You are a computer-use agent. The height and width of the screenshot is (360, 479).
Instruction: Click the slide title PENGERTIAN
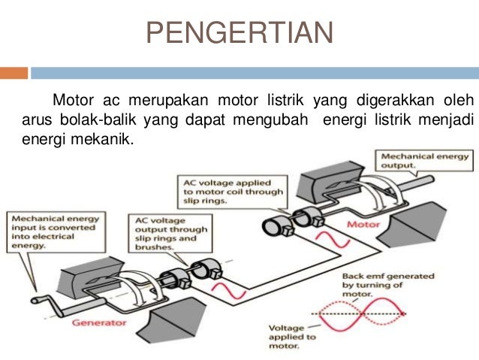pos(239,34)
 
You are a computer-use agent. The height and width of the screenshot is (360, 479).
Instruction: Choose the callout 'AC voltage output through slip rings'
pos(170,233)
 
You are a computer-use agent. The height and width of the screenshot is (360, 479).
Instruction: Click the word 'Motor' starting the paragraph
pos(72,101)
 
